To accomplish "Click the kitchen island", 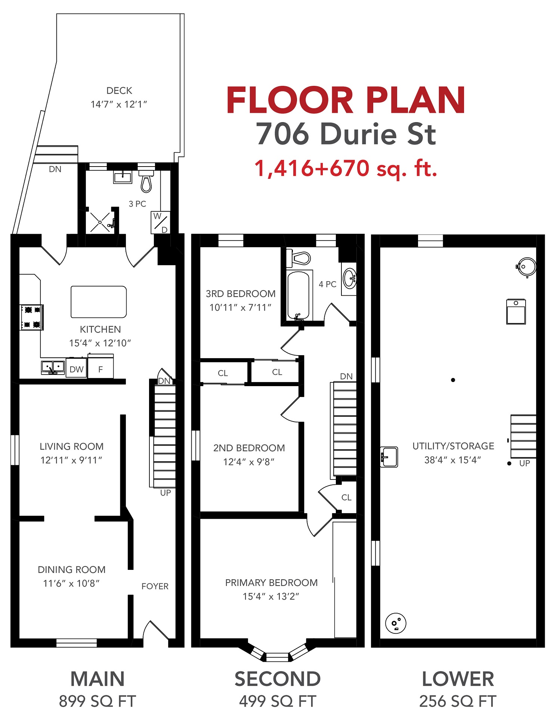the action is [99, 302].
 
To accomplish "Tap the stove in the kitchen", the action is [32, 317].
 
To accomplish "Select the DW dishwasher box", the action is [77, 368].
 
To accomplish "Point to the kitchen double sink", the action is [53, 367].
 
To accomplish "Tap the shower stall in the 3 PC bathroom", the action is [100, 222].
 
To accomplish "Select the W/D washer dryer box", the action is [161, 223].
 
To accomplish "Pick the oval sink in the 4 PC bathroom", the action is [350, 278].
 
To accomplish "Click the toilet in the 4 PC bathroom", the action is [298, 258].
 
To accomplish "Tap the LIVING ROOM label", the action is [72, 446].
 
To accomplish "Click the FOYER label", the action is [155, 586].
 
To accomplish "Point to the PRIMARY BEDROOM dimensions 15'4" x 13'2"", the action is [271, 596].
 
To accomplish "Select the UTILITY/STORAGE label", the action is [453, 446].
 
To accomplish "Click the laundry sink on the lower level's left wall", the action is [389, 457].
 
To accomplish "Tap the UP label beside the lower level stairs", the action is [524, 463].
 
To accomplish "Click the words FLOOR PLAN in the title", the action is [346, 100].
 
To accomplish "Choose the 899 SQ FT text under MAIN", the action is [98, 701].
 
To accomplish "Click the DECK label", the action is [119, 91].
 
